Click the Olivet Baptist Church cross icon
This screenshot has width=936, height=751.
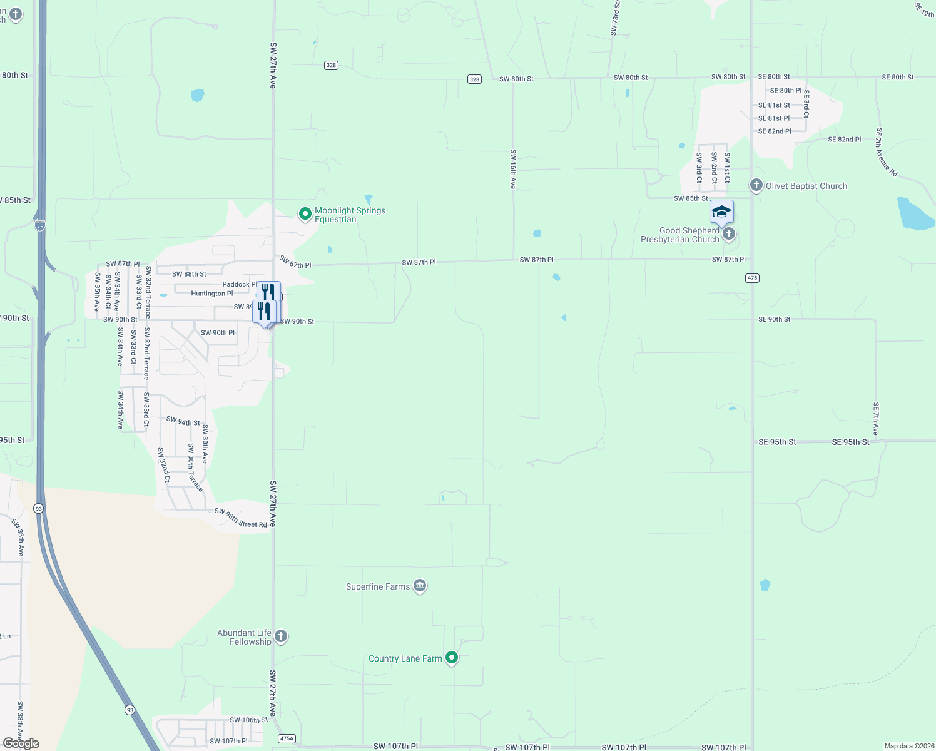pyautogui.click(x=756, y=185)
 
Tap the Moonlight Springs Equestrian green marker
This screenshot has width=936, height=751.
pyautogui.click(x=305, y=214)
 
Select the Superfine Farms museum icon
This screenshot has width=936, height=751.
pyautogui.click(x=420, y=586)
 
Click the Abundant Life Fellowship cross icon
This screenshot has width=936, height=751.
pyautogui.click(x=281, y=636)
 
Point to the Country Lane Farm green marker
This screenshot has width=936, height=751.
pyautogui.click(x=451, y=658)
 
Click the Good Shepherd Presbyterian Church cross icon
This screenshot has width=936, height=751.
pyautogui.click(x=728, y=234)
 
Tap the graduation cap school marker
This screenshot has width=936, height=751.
pyautogui.click(x=721, y=212)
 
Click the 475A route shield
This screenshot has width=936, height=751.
pyautogui.click(x=287, y=738)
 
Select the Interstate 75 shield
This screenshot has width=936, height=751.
pyautogui.click(x=40, y=226)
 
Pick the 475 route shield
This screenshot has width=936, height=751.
pyautogui.click(x=752, y=278)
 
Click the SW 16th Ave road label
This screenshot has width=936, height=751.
pyautogui.click(x=513, y=169)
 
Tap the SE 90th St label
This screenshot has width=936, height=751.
pyautogui.click(x=774, y=319)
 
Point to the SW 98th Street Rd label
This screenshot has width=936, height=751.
pyautogui.click(x=240, y=518)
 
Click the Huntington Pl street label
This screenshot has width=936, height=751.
pyautogui.click(x=211, y=294)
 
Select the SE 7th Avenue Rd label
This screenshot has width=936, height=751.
pyautogui.click(x=886, y=152)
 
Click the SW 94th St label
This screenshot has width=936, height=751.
pyautogui.click(x=183, y=421)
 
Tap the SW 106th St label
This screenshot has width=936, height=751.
pyautogui.click(x=248, y=720)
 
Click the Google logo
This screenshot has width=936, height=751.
pyautogui.click(x=21, y=743)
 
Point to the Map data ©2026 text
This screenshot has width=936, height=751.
pyautogui.click(x=907, y=746)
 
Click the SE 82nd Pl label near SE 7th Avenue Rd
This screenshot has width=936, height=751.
pyautogui.click(x=844, y=140)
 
